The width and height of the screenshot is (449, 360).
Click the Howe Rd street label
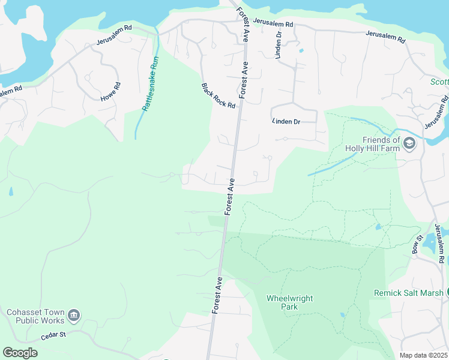coord(110,91)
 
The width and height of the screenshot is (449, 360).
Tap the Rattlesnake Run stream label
coord(150,84)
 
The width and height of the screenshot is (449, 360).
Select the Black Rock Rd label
coord(218,95)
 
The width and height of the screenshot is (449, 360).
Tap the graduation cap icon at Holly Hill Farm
coord(410,143)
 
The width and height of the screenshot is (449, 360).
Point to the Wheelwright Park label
coord(290,302)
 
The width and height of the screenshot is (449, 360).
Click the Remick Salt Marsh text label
coord(408,293)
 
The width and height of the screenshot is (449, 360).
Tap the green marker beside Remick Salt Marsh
coord(448,293)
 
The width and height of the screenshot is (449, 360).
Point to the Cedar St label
coord(53,337)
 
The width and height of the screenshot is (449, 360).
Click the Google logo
coord(20,353)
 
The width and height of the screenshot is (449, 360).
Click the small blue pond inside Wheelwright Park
coord(342,314)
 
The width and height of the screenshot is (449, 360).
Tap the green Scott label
coord(440,82)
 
